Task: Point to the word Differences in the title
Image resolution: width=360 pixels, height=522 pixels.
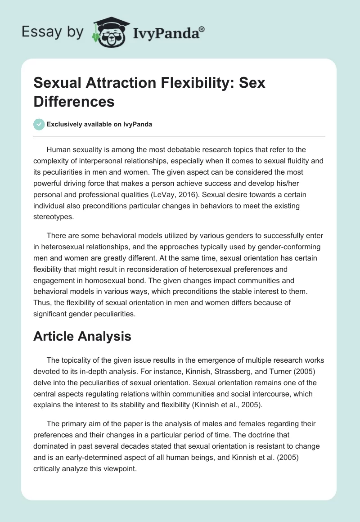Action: point(74,101)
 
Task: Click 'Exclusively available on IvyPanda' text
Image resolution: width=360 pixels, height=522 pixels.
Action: point(99,124)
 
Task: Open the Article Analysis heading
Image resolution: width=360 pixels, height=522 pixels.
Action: point(82,336)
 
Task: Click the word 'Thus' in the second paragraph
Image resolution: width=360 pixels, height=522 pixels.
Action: point(42,302)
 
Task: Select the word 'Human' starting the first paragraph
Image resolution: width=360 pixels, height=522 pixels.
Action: point(58,150)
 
